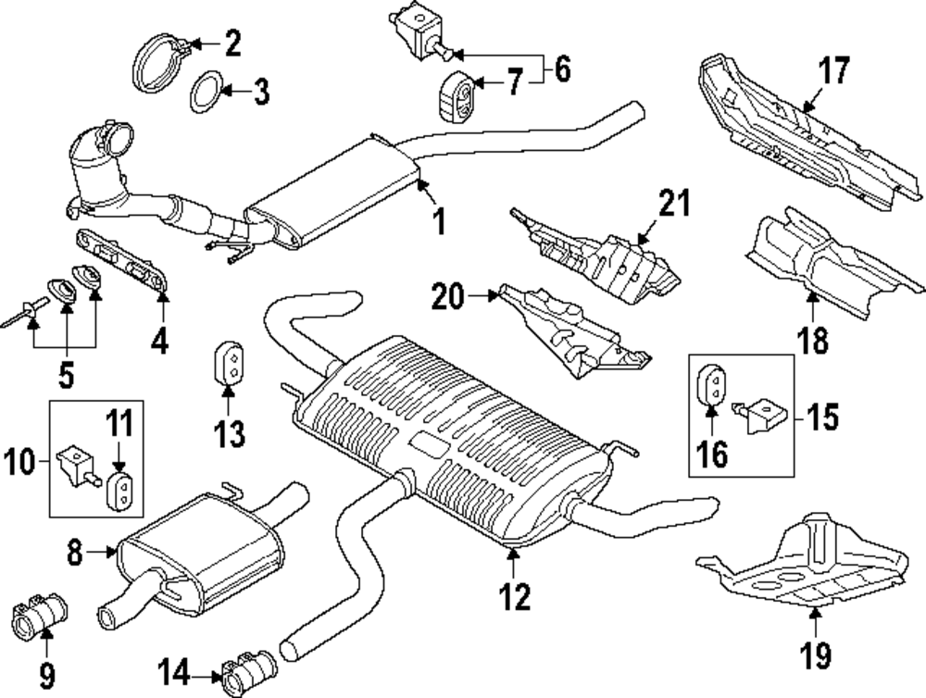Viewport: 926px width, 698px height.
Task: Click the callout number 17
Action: pos(833,70)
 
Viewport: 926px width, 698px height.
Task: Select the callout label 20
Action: pos(448,297)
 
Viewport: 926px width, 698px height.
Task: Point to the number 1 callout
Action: pos(438,221)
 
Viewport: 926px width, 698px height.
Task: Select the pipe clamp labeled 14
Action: pos(247,674)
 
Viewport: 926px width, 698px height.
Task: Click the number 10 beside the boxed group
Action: pos(22,457)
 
